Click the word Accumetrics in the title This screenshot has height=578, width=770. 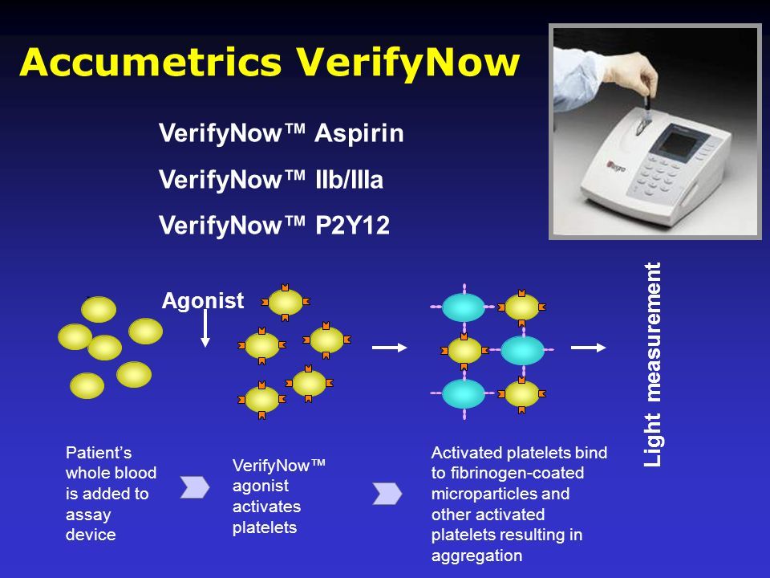tap(151, 62)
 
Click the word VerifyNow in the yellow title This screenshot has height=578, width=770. tap(407, 63)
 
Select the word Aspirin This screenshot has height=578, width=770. tap(359, 134)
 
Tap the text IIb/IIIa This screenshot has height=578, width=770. tap(349, 179)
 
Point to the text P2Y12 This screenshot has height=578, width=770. tap(353, 226)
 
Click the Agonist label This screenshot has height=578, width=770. tap(202, 301)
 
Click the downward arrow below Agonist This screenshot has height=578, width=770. tap(205, 328)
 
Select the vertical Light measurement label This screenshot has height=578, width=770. tap(653, 364)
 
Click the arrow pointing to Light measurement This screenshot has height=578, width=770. tap(588, 348)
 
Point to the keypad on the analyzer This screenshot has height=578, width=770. tap(658, 176)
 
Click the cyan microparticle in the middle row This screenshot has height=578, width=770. tap(522, 350)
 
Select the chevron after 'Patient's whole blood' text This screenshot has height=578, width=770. tap(194, 487)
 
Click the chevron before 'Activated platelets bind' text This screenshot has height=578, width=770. tap(387, 494)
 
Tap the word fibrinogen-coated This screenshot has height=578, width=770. tap(517, 473)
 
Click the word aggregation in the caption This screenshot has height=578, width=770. tap(476, 556)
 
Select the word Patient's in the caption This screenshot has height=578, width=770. tap(98, 452)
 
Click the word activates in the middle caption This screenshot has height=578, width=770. tap(266, 507)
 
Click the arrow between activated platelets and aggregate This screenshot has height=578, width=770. tap(390, 348)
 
